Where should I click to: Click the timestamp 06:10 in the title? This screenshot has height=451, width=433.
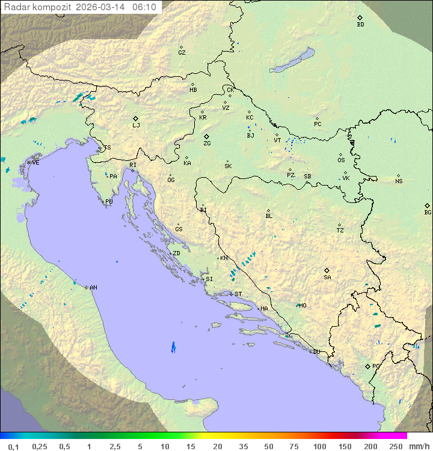(144, 7)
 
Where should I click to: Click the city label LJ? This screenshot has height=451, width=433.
(136, 125)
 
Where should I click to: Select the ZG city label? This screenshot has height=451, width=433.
(207, 144)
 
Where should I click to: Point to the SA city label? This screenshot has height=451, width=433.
(327, 277)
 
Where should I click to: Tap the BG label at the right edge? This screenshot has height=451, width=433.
(428, 212)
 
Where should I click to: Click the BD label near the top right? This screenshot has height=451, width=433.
(360, 25)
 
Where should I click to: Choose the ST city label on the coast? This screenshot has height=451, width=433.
(238, 294)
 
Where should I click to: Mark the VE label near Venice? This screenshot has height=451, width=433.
(35, 163)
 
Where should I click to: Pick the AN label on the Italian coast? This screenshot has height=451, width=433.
(93, 288)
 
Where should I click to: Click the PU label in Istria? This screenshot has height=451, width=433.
(109, 202)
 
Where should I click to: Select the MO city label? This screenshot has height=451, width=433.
(302, 305)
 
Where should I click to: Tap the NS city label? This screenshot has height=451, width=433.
(399, 181)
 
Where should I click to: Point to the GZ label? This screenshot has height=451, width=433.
(182, 53)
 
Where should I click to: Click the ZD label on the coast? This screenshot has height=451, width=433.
(176, 253)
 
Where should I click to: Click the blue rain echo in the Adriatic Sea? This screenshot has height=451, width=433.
(173, 347)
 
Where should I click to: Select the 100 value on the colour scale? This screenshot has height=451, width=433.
(319, 446)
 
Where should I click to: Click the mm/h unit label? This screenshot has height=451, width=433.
(417, 446)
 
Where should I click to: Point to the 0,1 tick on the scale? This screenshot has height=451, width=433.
(13, 446)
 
